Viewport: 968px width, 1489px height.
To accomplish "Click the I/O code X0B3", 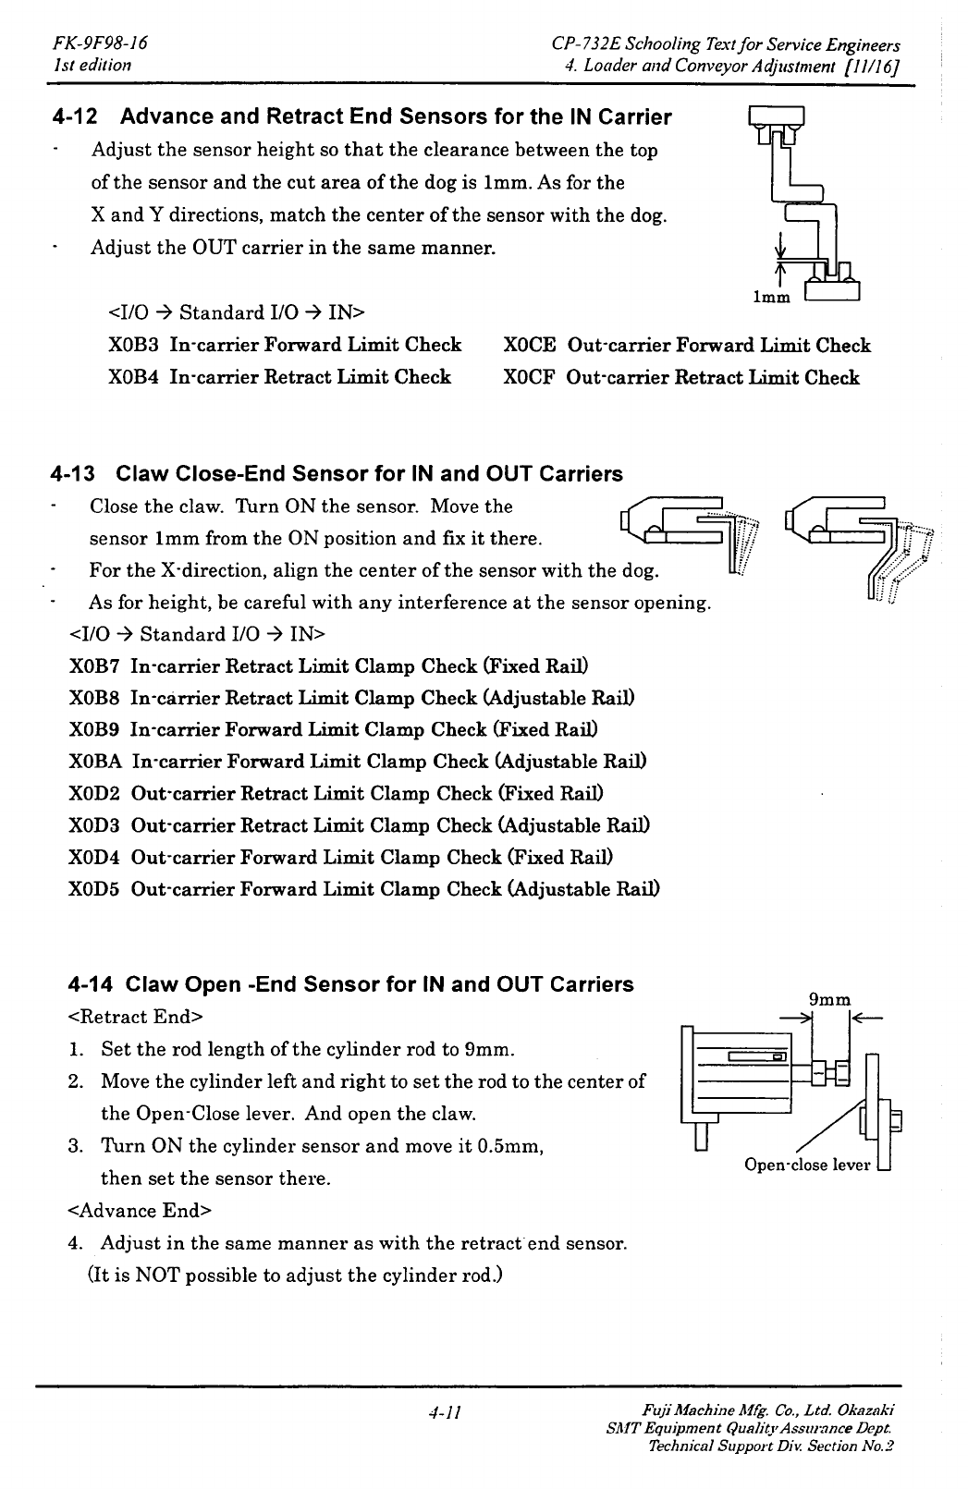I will tap(135, 346).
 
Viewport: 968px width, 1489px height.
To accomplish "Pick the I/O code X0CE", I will tap(530, 346).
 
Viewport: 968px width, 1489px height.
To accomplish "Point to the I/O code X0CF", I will tap(529, 378).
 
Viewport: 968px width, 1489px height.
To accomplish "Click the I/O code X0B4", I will tap(135, 378).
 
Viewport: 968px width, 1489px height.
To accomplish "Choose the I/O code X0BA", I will tap(96, 762).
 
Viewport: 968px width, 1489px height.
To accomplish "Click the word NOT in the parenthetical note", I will tap(159, 1275).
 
